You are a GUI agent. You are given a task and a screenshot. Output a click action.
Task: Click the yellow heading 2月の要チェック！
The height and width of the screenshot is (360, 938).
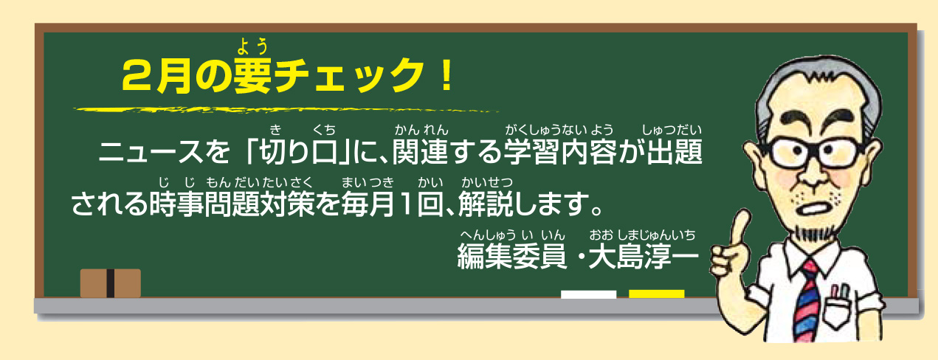pos(287,75)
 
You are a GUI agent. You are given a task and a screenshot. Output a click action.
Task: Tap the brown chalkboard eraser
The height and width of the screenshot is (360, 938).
pos(111,283)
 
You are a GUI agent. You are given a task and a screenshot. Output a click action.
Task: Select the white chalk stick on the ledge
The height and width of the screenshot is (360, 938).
pos(588,294)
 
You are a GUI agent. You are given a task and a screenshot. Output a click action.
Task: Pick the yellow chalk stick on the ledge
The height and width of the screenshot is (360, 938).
pos(656,294)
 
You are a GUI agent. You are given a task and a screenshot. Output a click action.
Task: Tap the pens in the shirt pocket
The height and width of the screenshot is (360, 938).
pos(840,292)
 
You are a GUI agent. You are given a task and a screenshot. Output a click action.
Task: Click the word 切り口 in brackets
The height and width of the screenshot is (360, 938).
pos(299,151)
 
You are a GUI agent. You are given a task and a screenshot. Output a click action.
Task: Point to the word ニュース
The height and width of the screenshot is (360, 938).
pos(151,151)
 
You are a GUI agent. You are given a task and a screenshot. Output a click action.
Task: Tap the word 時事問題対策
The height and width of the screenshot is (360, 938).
pos(232,204)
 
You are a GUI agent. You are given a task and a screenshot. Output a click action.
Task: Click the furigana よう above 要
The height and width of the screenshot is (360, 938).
pos(252,46)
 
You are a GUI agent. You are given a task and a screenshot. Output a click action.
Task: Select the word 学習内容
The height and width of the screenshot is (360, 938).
pos(560,151)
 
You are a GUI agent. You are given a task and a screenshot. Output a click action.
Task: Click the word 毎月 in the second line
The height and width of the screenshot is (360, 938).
pos(368,204)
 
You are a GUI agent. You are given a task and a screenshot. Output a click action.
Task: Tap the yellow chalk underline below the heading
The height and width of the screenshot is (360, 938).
pos(286,111)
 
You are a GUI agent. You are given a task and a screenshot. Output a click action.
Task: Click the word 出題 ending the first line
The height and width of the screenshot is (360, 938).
pos(675,151)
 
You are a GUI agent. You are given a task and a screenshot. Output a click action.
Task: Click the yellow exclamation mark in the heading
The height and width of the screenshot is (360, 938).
pos(446,75)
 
